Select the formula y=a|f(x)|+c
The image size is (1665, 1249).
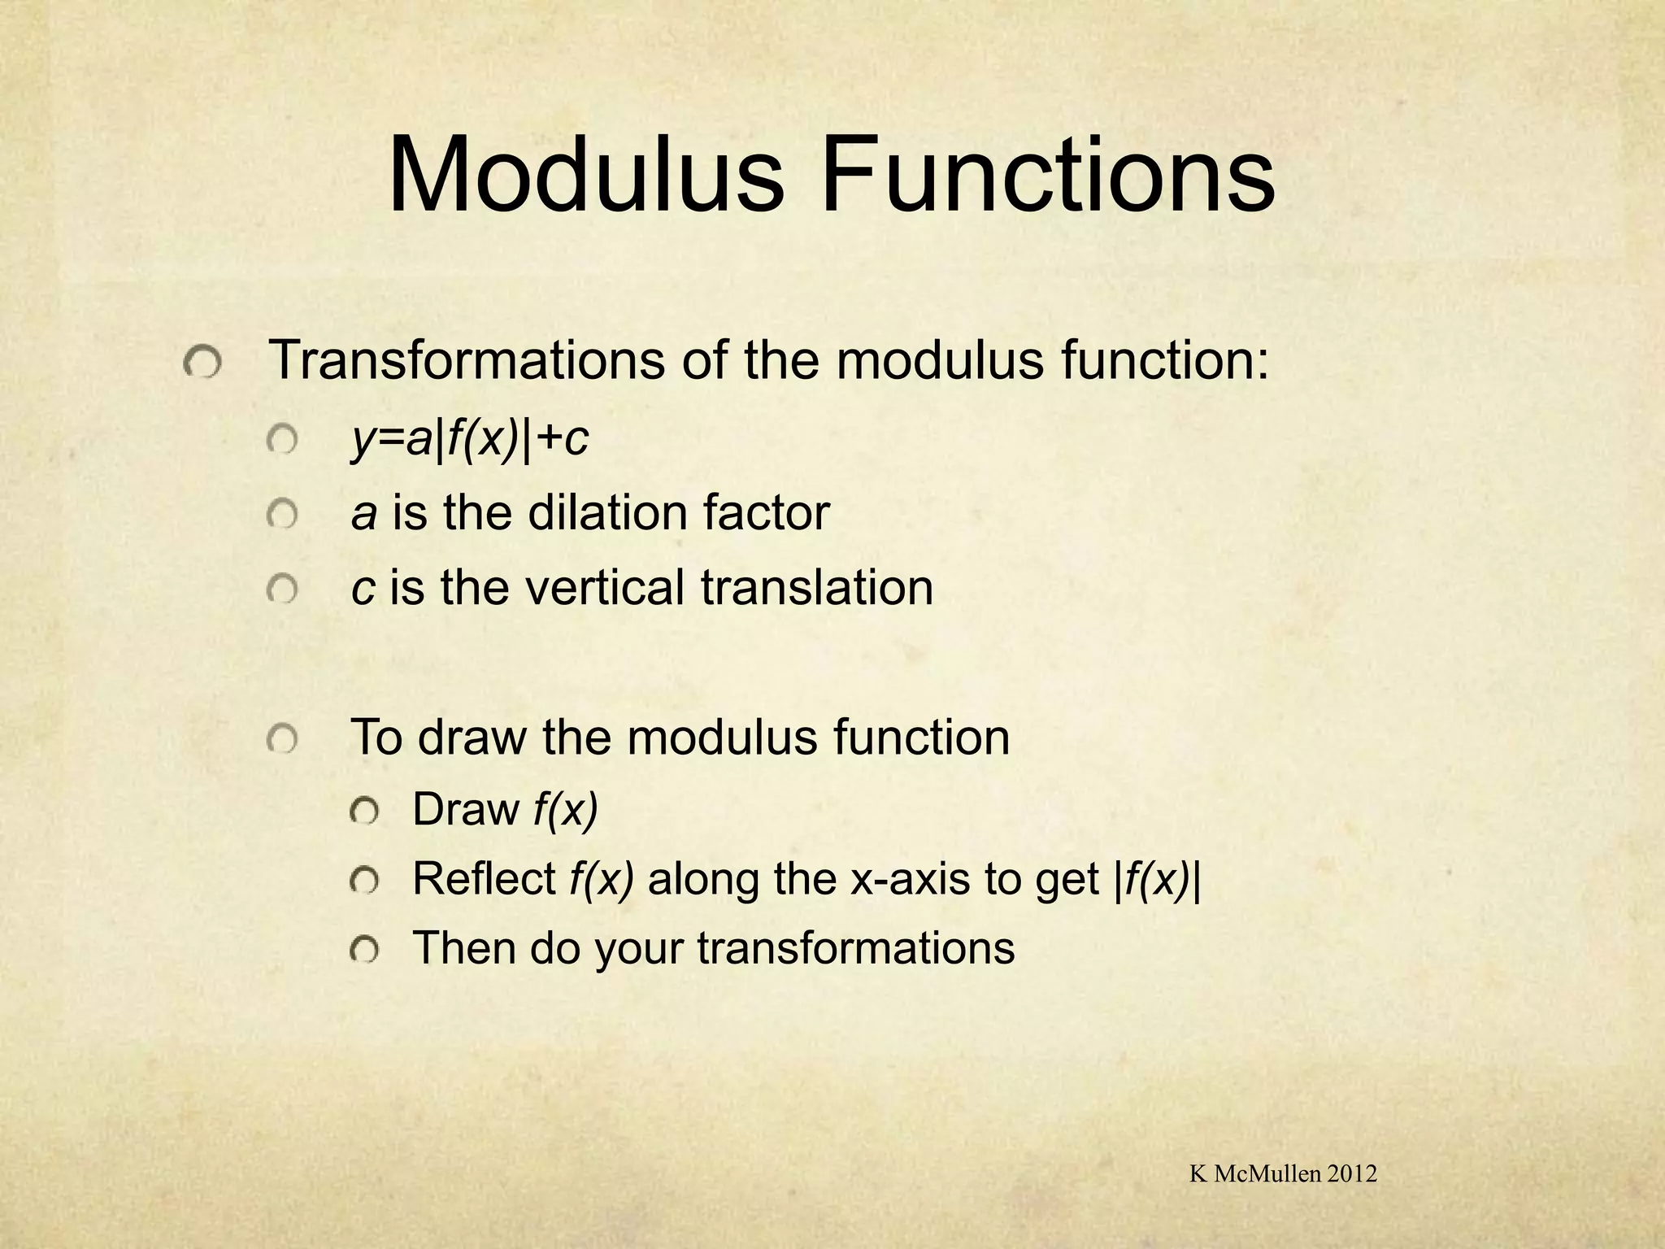(469, 441)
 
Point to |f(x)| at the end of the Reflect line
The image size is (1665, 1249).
(1156, 881)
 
